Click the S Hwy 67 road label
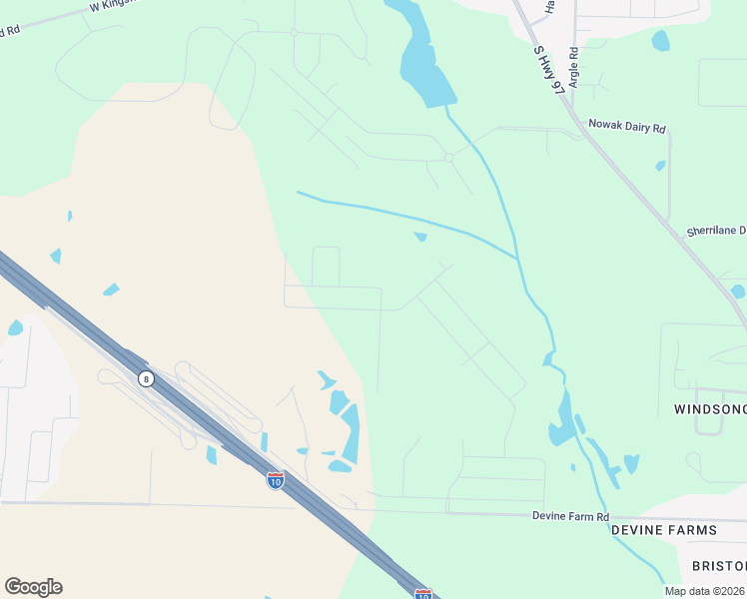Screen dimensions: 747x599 coord(549,70)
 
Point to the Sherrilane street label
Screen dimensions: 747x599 coord(716,231)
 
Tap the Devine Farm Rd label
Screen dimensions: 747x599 coord(570,516)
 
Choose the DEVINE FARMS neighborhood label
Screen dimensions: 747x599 coord(663,529)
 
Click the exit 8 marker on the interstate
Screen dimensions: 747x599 coord(146,378)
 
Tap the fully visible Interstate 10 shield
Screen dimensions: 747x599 coord(276,480)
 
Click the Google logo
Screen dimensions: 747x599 coord(33,587)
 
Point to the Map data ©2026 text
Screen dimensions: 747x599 coord(703,591)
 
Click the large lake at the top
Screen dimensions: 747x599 coord(424,65)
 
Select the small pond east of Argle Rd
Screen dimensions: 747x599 coord(660,41)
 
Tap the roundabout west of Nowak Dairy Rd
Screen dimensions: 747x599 coord(449,158)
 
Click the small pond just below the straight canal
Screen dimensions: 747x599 coord(420,237)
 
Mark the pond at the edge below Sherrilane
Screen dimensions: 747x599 coord(737,292)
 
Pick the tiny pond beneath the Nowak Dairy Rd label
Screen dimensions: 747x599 coord(660,166)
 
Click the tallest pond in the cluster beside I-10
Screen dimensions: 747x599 coord(351,432)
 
